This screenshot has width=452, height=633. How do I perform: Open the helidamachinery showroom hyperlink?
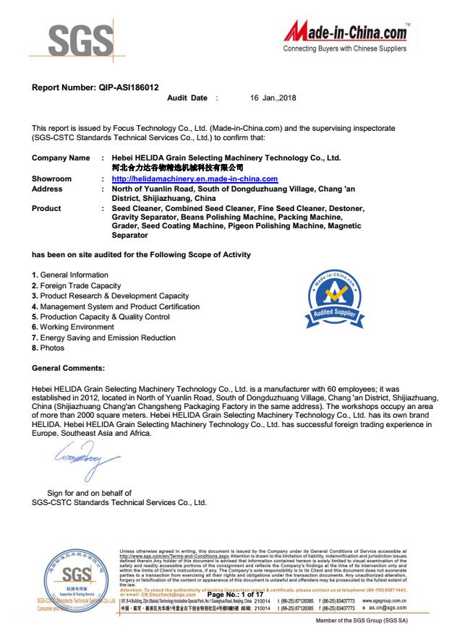click(x=195, y=178)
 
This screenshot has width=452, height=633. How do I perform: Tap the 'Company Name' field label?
click(x=61, y=158)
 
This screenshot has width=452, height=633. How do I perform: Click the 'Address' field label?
click(x=48, y=189)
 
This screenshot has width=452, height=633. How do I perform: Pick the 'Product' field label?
click(x=47, y=208)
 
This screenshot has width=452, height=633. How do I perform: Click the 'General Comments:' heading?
click(x=69, y=369)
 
